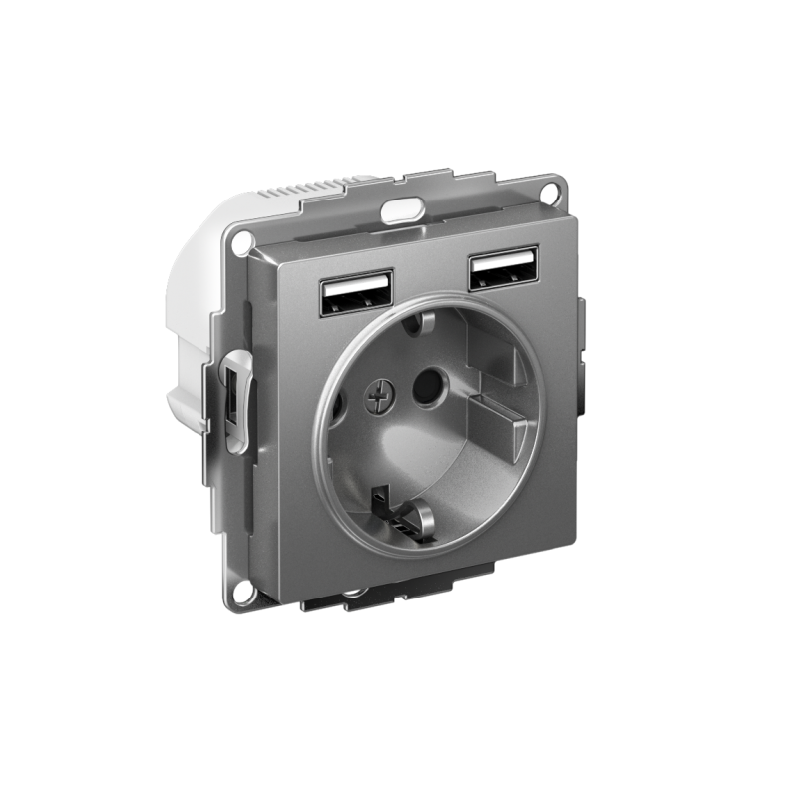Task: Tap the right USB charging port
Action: [503, 267]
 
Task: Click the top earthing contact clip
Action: [423, 322]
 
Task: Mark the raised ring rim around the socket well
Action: [324, 469]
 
